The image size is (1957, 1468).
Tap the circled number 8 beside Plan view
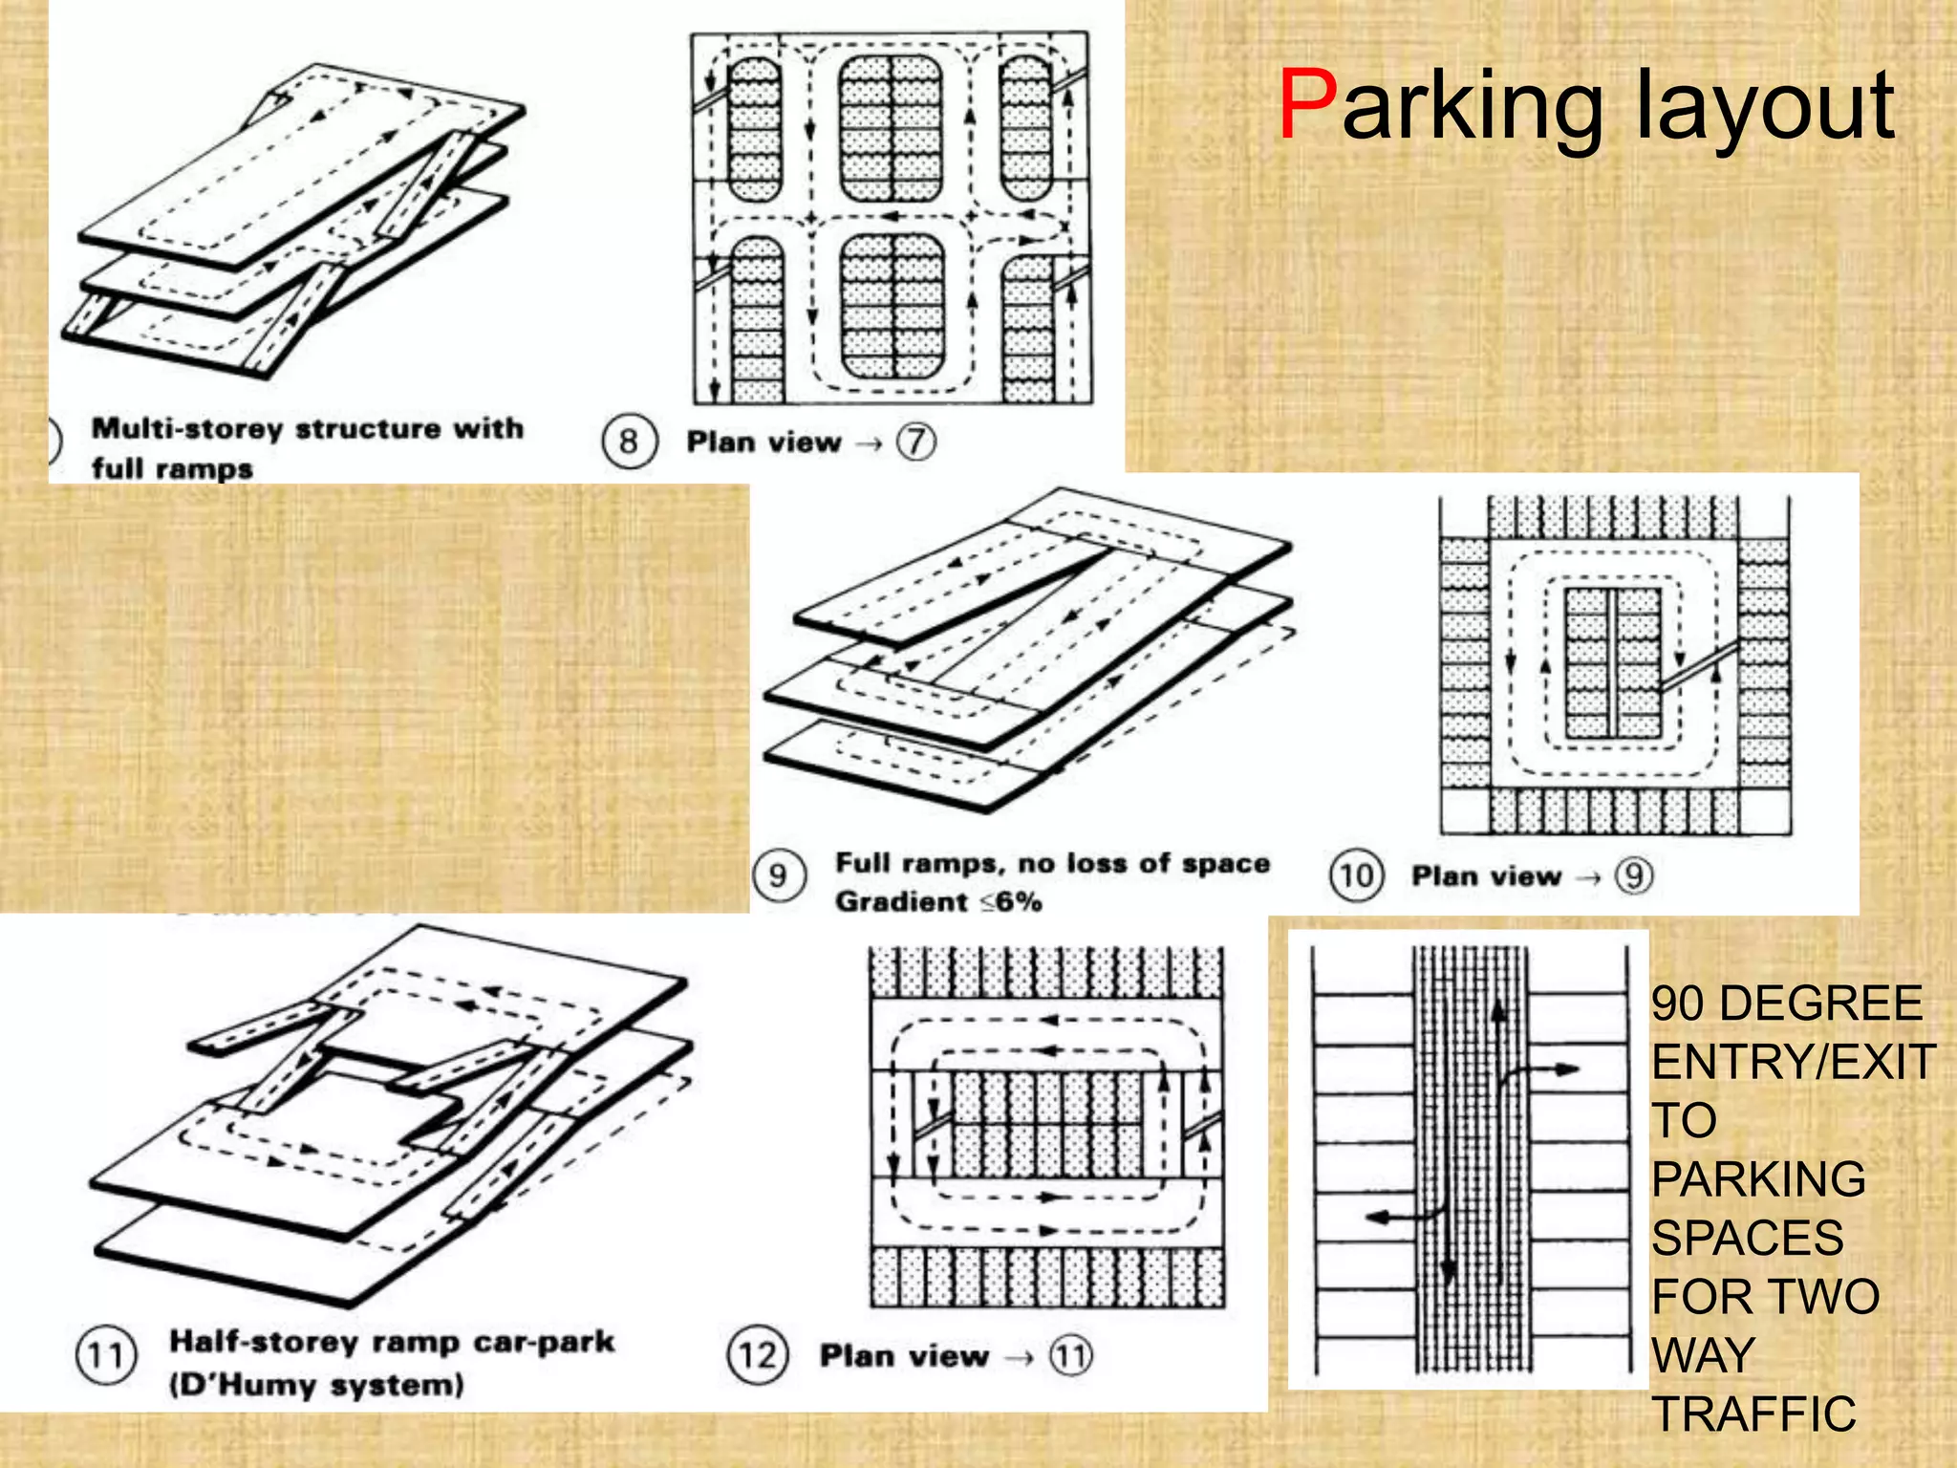[629, 442]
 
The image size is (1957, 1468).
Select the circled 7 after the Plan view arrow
[915, 442]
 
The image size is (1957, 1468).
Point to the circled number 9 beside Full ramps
[778, 875]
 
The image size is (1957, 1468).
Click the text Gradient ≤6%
[937, 901]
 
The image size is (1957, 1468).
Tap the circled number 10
[1355, 875]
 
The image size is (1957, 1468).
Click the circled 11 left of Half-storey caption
[106, 1355]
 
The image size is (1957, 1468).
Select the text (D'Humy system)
[316, 1385]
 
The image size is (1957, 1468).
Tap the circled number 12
[758, 1355]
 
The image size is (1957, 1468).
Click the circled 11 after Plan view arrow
[1070, 1355]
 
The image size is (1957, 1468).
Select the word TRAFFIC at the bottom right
[1754, 1414]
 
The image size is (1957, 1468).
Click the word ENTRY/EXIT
[1794, 1062]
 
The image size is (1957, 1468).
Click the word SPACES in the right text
[1748, 1238]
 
